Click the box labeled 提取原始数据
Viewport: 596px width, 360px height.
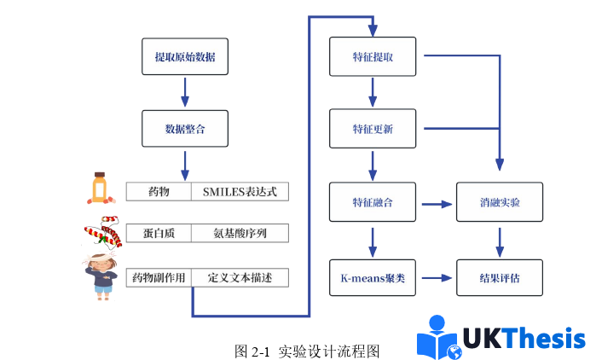[185, 57]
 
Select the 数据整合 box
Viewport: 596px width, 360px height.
[185, 130]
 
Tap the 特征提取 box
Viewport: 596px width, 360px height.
[373, 57]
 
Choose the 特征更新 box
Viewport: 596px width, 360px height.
[373, 130]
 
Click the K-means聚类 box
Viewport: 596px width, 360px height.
[373, 277]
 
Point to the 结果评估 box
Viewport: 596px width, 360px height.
[500, 277]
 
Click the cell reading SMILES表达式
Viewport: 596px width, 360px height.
[240, 191]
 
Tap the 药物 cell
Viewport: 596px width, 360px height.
[159, 191]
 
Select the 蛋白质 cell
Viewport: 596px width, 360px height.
[159, 233]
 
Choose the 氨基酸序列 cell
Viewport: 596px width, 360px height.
[240, 233]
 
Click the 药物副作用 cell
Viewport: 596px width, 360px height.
[159, 277]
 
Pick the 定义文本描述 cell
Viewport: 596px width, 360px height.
[240, 277]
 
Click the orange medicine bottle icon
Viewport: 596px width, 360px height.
[99, 188]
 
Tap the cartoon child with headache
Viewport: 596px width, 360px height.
[103, 273]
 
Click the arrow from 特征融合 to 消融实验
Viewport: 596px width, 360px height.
[436, 204]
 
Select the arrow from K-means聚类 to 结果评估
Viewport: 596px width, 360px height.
[436, 278]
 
